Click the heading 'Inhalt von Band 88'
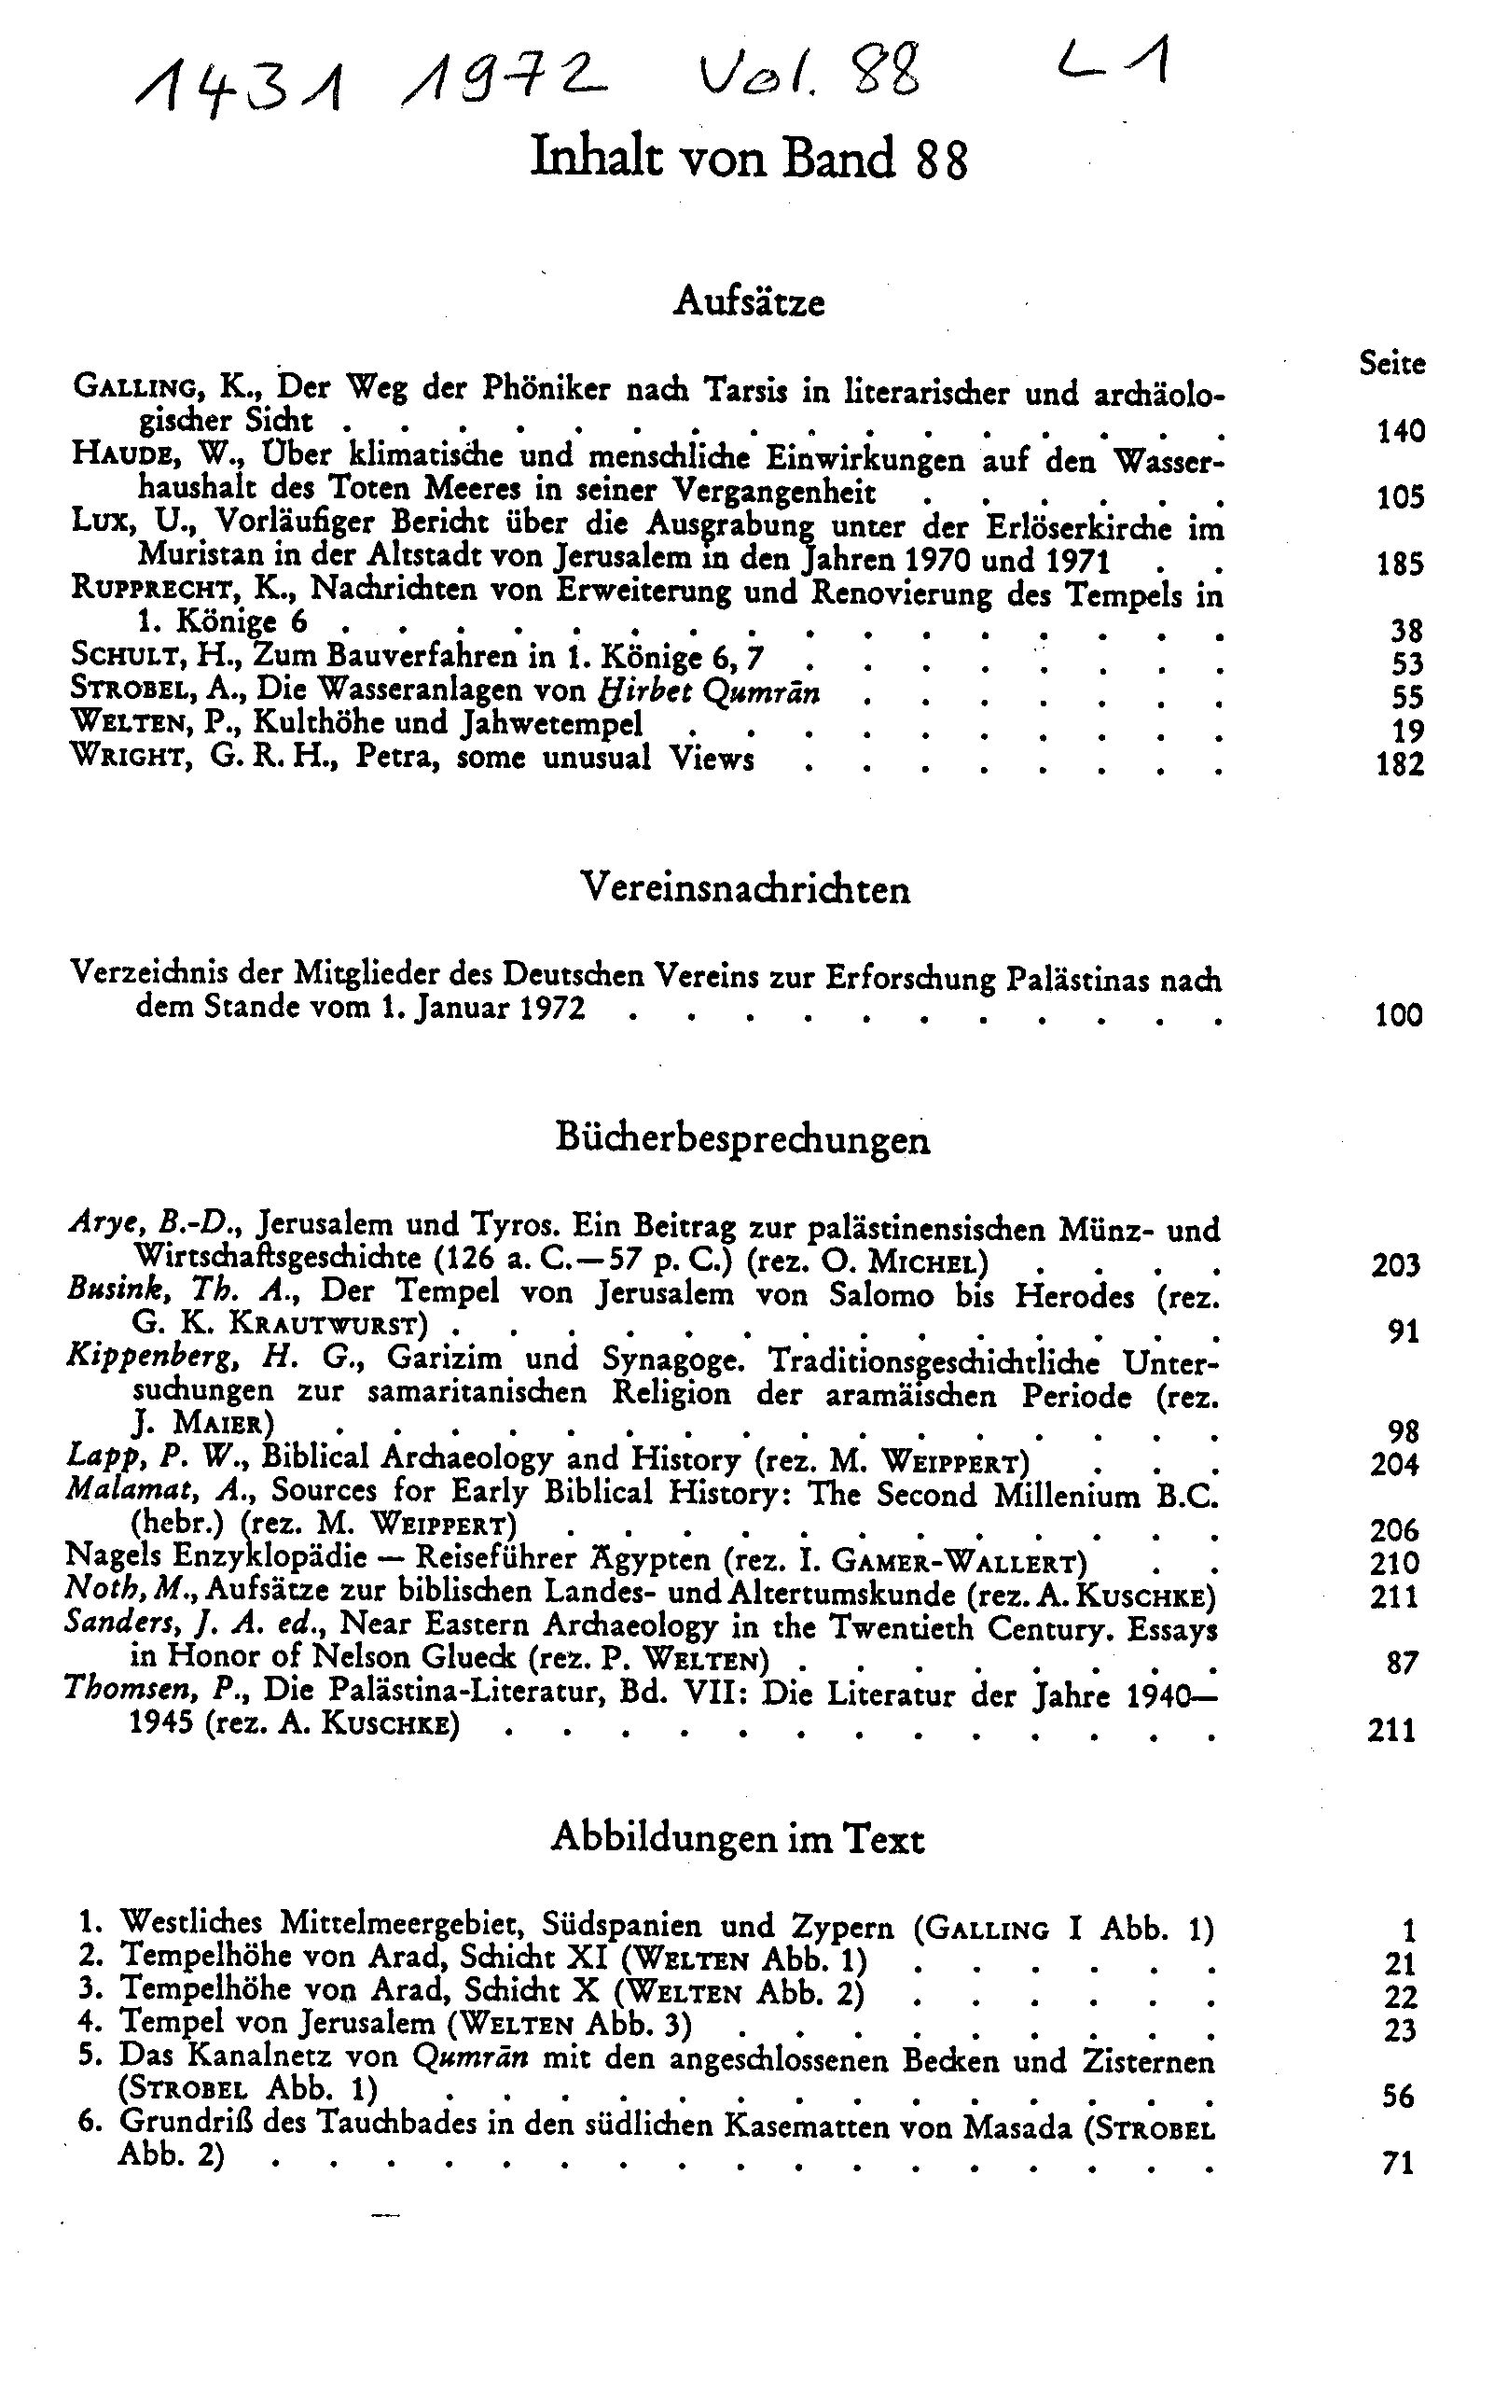[748, 158]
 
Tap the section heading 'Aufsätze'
[748, 300]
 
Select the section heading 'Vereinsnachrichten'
[745, 888]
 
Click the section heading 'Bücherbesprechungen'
[742, 1138]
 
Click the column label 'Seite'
[1391, 363]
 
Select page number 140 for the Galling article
[1400, 431]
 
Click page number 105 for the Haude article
[1400, 497]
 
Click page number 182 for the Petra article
[1400, 764]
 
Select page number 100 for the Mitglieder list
[1398, 1015]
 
